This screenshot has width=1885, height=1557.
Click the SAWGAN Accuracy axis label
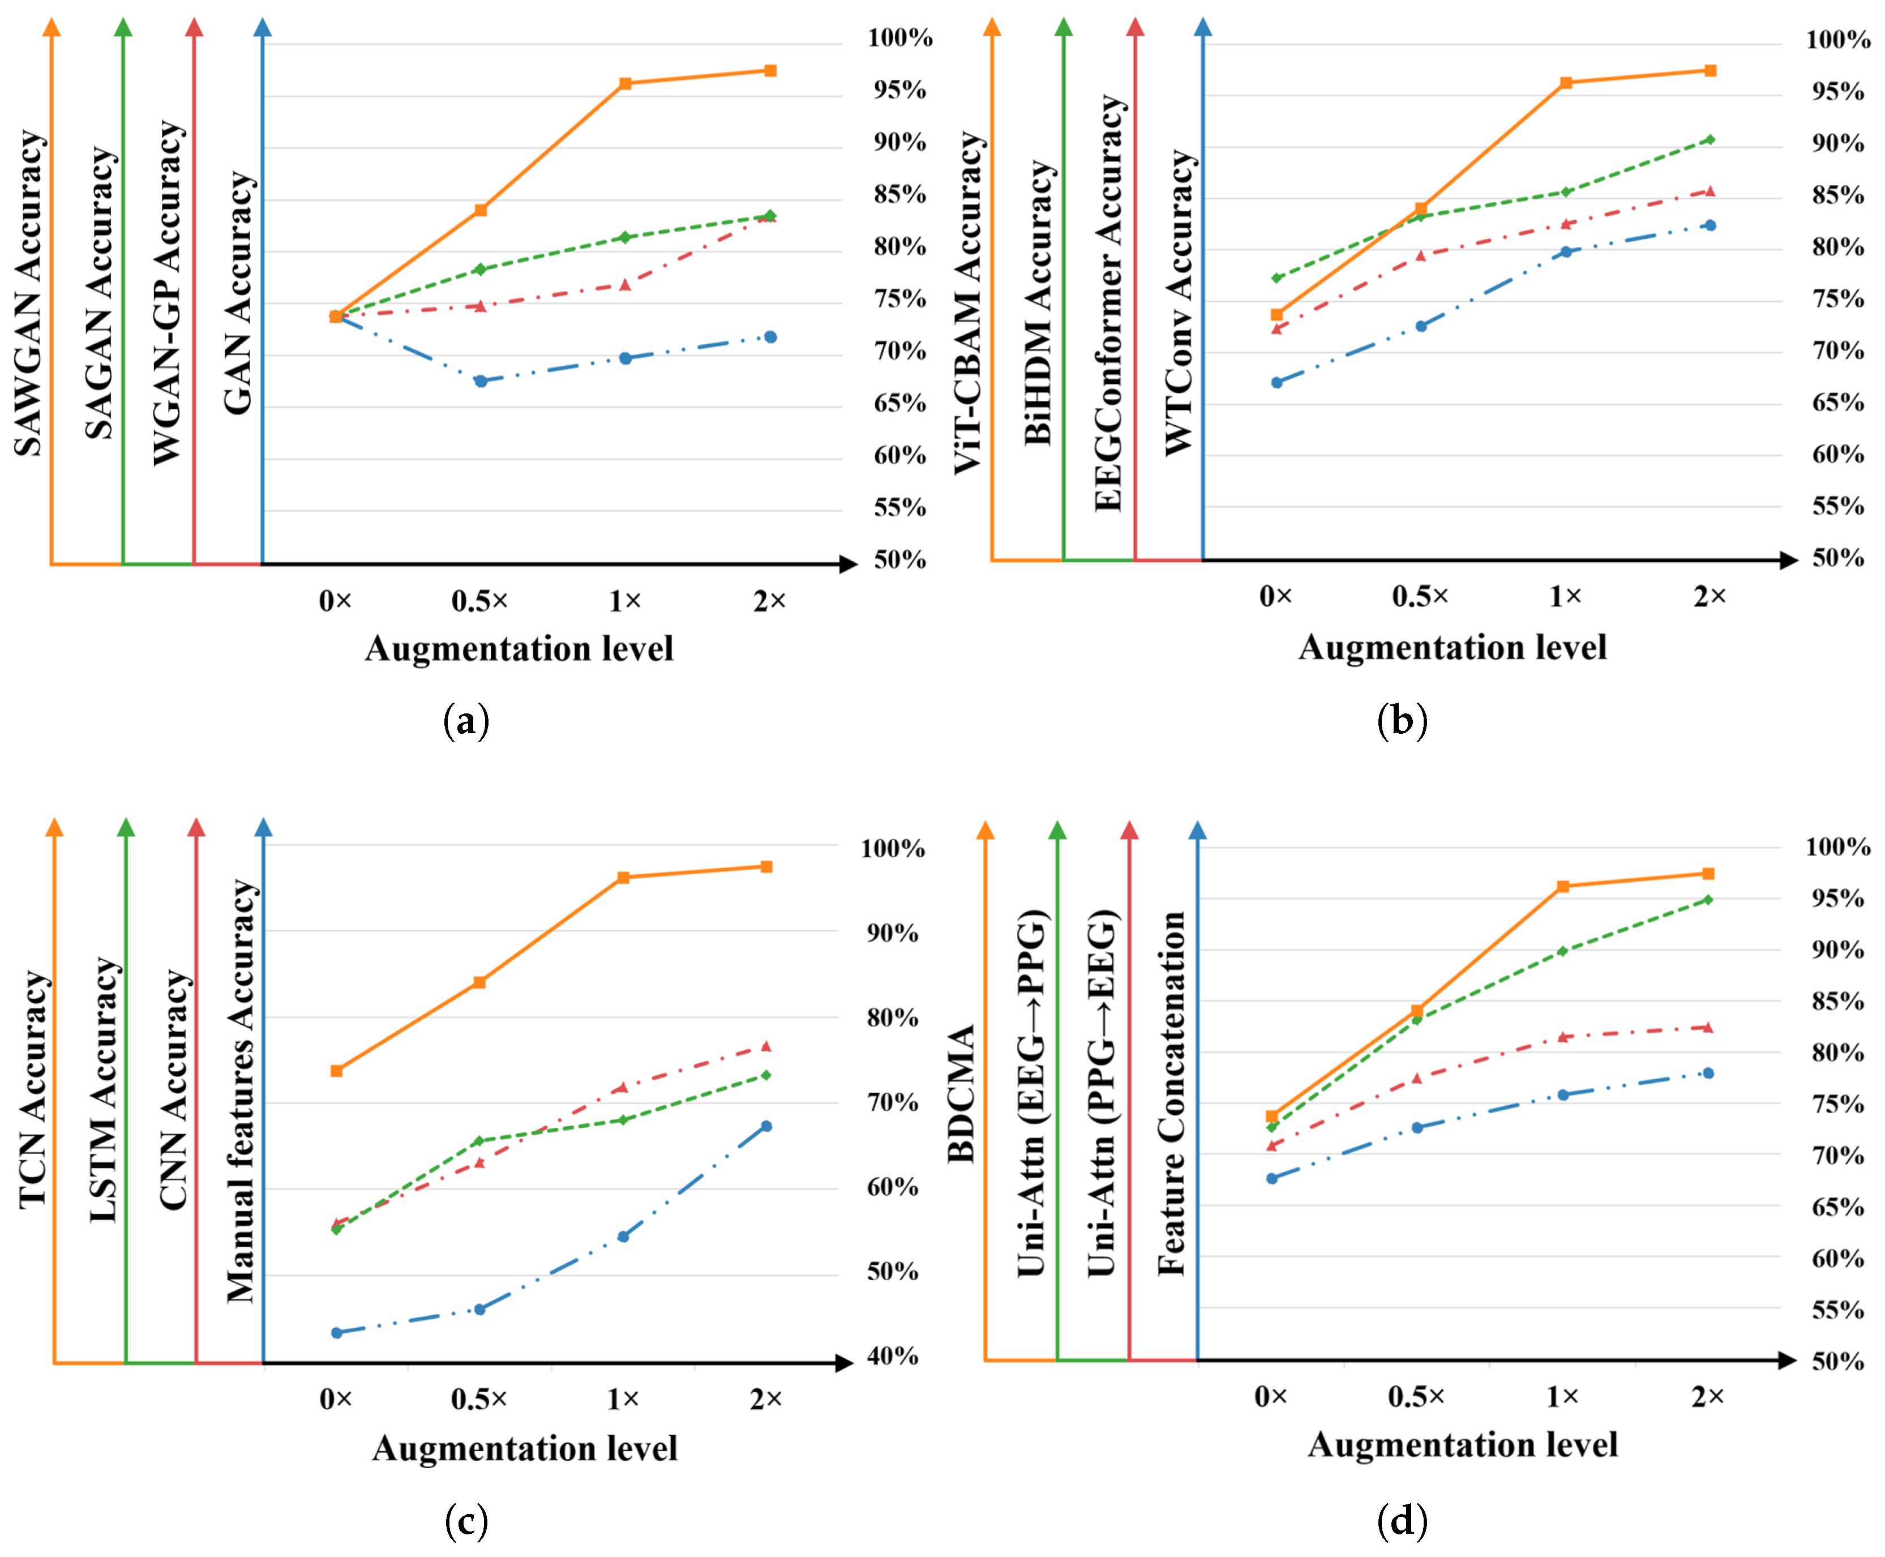(x=29, y=293)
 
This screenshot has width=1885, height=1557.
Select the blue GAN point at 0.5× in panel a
(x=481, y=381)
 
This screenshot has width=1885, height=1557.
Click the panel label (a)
(x=466, y=721)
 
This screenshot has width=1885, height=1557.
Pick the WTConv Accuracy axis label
(x=1180, y=303)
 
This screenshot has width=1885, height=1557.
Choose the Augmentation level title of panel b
(x=1453, y=648)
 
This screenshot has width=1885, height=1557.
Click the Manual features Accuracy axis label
(x=241, y=1090)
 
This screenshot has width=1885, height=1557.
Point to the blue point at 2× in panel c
(x=766, y=1127)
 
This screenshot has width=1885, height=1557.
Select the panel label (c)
(x=466, y=1521)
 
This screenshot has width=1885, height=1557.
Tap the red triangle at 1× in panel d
(x=1563, y=1037)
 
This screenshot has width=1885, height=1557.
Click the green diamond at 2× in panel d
(x=1708, y=900)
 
